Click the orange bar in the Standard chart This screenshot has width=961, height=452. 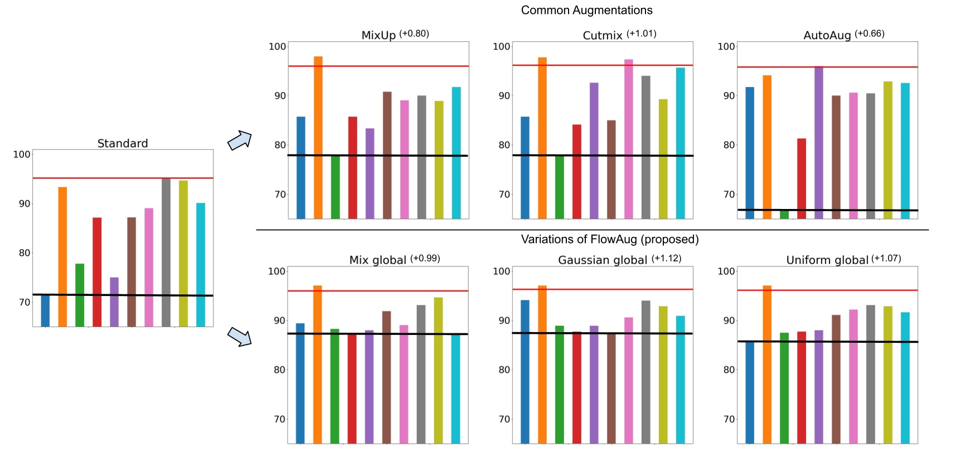62,256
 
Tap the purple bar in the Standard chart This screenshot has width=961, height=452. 114,302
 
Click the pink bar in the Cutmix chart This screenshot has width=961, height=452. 628,139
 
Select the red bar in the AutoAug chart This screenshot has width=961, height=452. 802,178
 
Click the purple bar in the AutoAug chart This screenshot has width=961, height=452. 819,142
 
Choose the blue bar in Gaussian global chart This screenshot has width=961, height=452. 525,371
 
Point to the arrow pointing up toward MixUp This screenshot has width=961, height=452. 240,140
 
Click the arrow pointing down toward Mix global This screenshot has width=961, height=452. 240,337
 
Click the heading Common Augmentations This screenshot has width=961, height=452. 586,10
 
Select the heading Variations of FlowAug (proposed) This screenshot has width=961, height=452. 609,239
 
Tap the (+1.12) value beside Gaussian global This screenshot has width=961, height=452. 666,258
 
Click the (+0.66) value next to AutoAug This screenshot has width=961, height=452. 869,33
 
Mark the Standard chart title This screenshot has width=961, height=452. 123,143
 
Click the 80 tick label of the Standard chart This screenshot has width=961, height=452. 24,252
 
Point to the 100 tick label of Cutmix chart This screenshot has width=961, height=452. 502,46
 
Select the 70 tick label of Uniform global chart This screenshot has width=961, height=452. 729,419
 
